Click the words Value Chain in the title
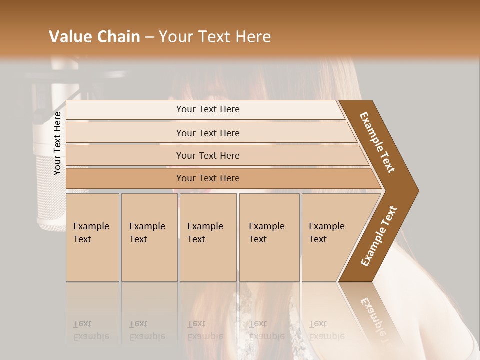(x=94, y=37)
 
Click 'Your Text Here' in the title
(x=215, y=37)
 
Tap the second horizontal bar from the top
(x=208, y=133)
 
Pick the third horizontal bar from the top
(x=208, y=155)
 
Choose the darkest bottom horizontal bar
(x=208, y=178)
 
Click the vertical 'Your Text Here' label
(x=57, y=143)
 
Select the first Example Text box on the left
(x=92, y=237)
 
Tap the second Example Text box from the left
(x=149, y=237)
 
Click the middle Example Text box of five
(x=208, y=237)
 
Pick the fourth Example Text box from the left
(x=269, y=237)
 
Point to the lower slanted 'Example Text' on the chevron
(x=378, y=236)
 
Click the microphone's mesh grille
(x=48, y=190)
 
